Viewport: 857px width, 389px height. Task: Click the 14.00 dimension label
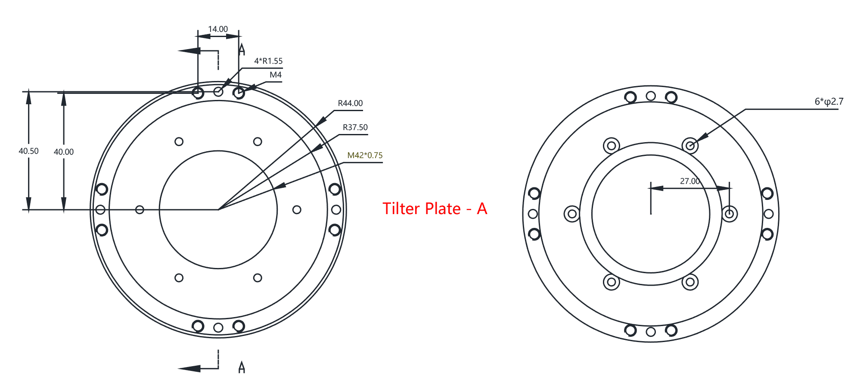(218, 29)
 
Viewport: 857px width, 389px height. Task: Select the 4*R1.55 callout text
(268, 61)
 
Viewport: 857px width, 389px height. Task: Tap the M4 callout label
(276, 75)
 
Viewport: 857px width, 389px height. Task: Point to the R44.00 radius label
(350, 103)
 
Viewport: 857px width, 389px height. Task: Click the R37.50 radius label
(355, 128)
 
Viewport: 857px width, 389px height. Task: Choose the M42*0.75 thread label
(365, 156)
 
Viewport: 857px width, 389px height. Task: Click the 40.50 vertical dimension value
(28, 151)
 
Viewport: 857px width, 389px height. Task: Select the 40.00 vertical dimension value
(64, 152)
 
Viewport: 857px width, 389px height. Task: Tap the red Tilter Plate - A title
(435, 209)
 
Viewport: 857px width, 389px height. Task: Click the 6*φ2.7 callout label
(829, 102)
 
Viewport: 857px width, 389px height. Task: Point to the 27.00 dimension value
(690, 181)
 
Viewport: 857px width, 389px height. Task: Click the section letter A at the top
(242, 50)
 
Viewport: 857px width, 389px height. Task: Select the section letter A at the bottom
(242, 367)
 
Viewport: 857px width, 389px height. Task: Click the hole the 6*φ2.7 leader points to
(690, 146)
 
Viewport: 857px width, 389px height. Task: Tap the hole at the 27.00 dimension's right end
(729, 214)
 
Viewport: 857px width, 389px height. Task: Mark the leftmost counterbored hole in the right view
(572, 214)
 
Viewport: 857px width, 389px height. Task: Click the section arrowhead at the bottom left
(189, 368)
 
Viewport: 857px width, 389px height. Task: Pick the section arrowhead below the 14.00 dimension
(189, 51)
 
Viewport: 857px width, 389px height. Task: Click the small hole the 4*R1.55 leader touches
(218, 92)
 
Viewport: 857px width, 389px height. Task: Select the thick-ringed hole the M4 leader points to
(239, 93)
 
